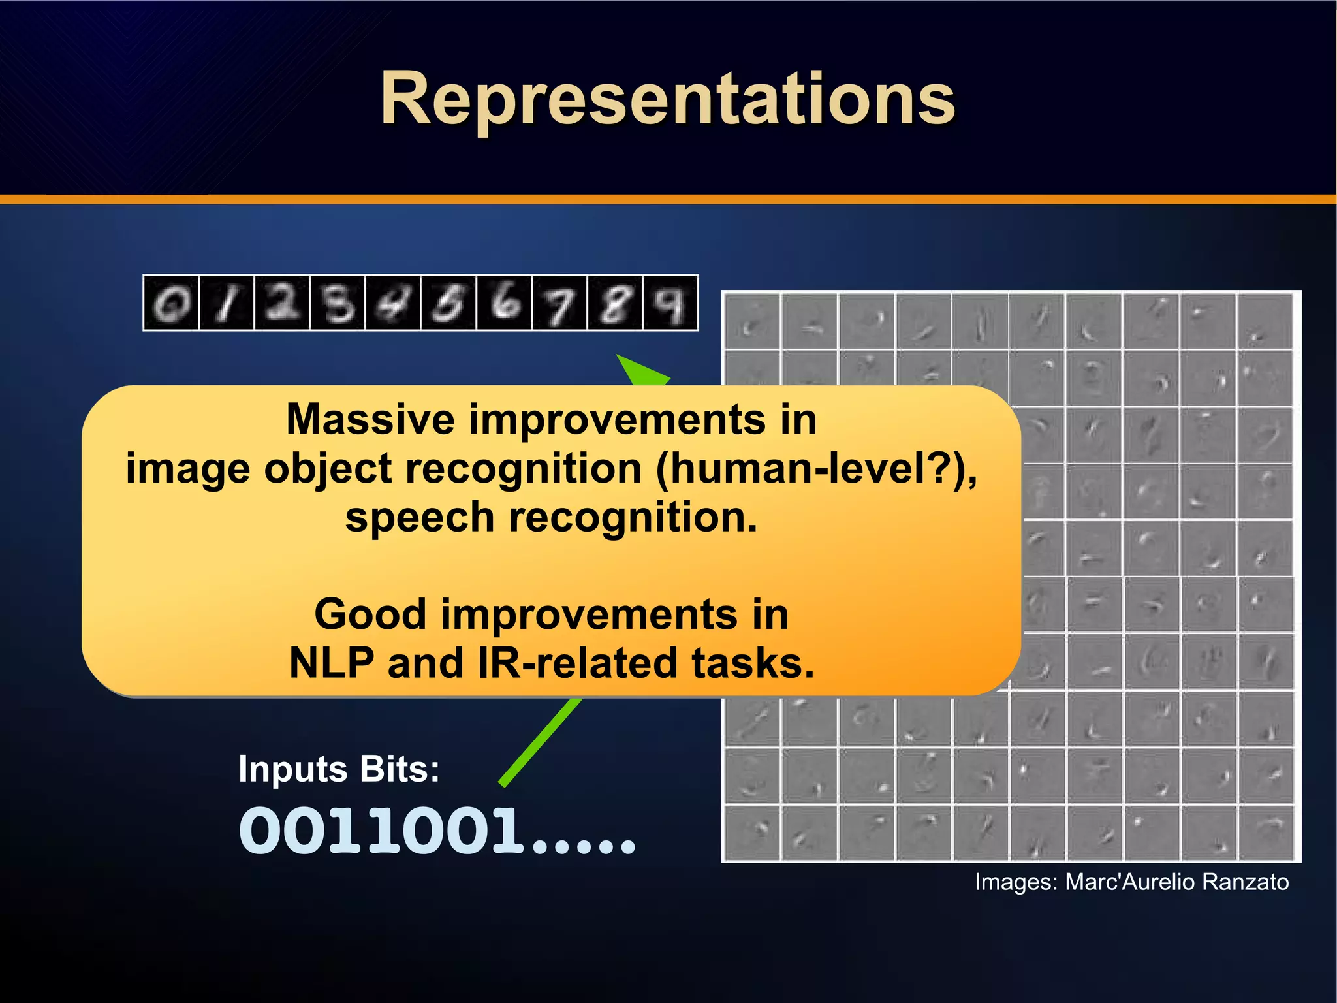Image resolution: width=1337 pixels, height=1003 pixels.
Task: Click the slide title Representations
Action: [667, 99]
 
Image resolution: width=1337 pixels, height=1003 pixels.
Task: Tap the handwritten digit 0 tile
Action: [171, 304]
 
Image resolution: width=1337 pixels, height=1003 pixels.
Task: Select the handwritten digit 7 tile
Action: [559, 304]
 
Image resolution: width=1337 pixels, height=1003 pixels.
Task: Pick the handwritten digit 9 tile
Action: [670, 304]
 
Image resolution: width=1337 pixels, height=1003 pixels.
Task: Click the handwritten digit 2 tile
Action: [282, 304]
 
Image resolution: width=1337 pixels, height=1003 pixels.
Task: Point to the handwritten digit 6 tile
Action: [504, 304]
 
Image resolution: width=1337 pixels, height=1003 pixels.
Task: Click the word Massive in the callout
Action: [370, 419]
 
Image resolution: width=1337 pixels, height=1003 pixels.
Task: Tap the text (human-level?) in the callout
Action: [816, 469]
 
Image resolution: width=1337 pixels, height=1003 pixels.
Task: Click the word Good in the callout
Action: [370, 614]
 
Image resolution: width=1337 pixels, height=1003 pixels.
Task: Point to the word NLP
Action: [332, 663]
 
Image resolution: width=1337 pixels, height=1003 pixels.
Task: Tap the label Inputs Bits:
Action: [339, 769]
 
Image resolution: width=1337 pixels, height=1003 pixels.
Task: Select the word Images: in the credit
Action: [1016, 882]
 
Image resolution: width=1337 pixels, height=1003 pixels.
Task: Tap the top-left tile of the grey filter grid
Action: [753, 321]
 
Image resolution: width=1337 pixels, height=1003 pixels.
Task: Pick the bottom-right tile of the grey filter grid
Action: [1265, 833]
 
